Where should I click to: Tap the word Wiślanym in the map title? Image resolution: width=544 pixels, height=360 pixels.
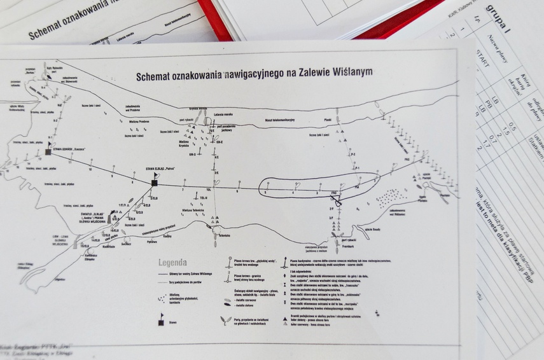351,73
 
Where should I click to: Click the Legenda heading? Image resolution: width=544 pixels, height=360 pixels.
172,262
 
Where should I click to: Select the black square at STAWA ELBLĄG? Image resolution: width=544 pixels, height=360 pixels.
155,183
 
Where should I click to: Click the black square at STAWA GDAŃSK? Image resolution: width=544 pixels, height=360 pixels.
48,153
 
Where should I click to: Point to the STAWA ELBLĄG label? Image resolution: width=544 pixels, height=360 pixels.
160,169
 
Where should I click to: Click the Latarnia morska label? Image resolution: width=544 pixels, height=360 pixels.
225,114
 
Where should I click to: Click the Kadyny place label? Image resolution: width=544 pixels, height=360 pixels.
167,236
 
